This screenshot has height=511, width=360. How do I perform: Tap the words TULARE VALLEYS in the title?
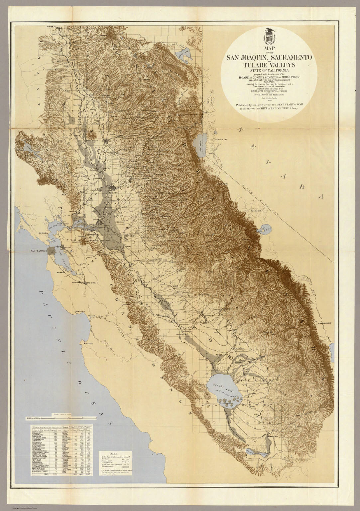click(269, 64)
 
